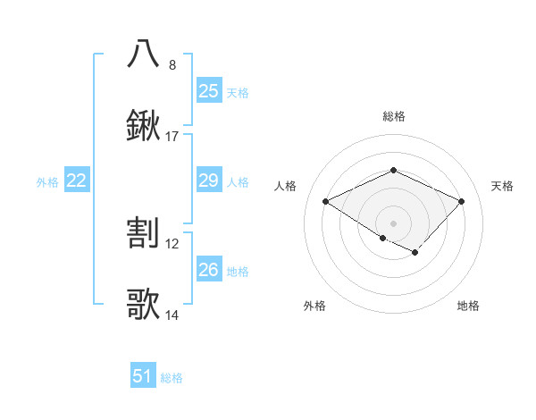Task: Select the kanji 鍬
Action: pos(143,126)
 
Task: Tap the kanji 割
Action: pos(143,233)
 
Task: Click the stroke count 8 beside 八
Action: pos(172,65)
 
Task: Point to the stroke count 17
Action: pos(172,137)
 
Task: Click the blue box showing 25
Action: pos(208,90)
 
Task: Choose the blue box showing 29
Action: pos(208,181)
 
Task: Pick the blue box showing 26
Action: pos(208,269)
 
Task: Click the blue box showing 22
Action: pos(76,181)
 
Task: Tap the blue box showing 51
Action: pos(143,376)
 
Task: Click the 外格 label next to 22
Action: pos(47,182)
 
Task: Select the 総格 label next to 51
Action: pos(172,378)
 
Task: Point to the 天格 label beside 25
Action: pos(238,92)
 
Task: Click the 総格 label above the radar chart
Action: pos(393,116)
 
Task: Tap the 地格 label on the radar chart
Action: pos(468,306)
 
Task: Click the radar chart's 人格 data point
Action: pos(326,202)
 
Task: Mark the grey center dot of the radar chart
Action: pos(393,223)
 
